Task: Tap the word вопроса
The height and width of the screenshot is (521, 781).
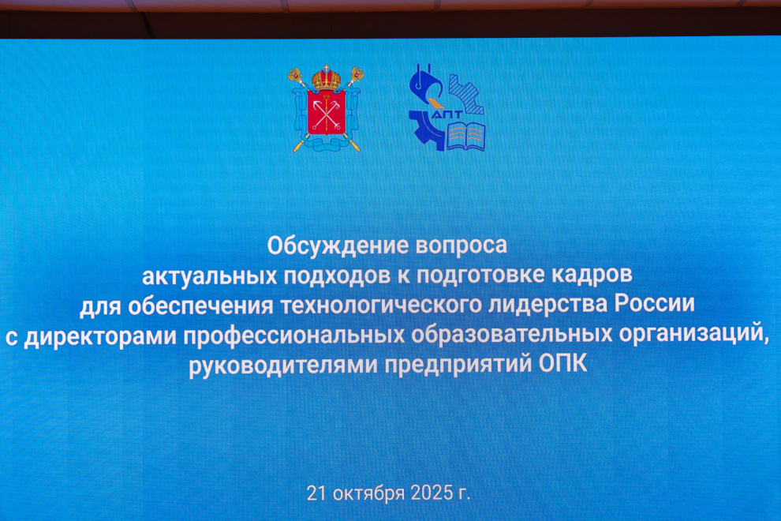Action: [x=461, y=246]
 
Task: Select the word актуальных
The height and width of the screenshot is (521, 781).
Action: [x=209, y=275]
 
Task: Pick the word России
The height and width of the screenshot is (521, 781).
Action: [x=654, y=303]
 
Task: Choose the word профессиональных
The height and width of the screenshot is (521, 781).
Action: [x=294, y=335]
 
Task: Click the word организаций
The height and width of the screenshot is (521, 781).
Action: [x=693, y=333]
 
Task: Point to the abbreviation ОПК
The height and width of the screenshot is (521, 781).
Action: [x=562, y=363]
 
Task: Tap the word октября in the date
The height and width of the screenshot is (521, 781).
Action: [x=368, y=493]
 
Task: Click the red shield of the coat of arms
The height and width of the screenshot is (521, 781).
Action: [x=327, y=112]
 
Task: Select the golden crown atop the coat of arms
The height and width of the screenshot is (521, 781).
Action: [x=327, y=78]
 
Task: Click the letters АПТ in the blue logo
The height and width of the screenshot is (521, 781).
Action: [x=447, y=115]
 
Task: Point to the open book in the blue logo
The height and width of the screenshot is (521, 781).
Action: [x=465, y=136]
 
